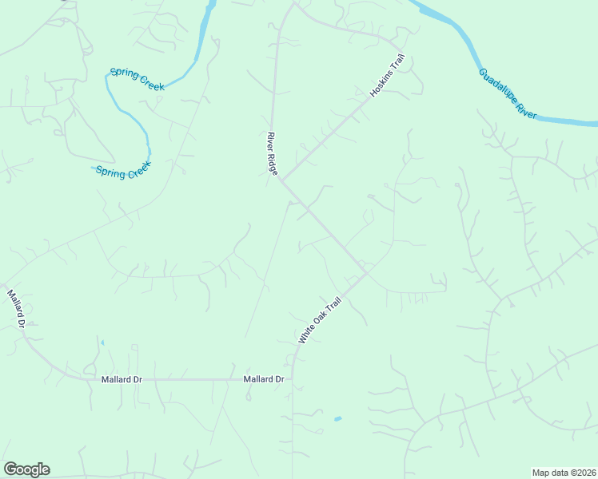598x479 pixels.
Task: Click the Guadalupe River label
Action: [x=508, y=94]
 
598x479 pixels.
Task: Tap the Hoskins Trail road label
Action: [x=389, y=76]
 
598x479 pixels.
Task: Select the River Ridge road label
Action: [x=272, y=156]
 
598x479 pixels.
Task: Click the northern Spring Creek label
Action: [x=137, y=78]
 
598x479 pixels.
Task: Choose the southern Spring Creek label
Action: [x=123, y=171]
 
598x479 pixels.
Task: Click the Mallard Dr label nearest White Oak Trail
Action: [x=264, y=379]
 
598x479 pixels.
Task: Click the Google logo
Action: [x=26, y=469]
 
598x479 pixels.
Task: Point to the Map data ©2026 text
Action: [x=564, y=472]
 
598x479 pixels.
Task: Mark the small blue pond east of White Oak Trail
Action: [x=337, y=418]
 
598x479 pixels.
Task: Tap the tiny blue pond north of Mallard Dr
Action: [x=102, y=343]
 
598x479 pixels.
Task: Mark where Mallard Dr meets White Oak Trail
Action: [x=293, y=379]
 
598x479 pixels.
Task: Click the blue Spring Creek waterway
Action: [x=134, y=120]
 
